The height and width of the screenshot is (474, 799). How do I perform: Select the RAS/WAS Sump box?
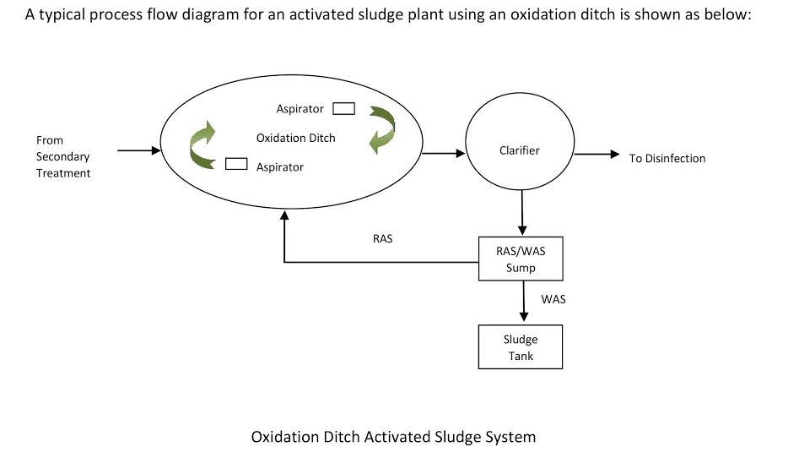tap(521, 259)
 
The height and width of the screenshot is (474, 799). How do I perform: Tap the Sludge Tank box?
tap(521, 347)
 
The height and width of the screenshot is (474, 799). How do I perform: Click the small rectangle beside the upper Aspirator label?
tap(343, 108)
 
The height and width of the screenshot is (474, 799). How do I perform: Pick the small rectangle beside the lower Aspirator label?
tap(235, 164)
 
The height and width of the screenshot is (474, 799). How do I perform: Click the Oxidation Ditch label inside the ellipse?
tap(295, 138)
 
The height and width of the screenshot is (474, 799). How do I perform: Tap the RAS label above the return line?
tap(382, 239)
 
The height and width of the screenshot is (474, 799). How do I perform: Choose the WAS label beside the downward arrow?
tap(553, 299)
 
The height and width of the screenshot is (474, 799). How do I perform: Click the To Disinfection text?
tap(667, 158)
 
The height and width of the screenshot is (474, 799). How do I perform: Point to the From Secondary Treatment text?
tap(63, 156)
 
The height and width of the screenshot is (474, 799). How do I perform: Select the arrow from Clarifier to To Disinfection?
tap(597, 155)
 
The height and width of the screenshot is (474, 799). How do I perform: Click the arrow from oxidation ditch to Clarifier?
tap(443, 154)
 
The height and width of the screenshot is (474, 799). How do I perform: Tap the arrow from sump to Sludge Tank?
tap(524, 302)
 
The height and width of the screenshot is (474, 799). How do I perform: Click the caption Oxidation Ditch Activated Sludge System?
tap(393, 437)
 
